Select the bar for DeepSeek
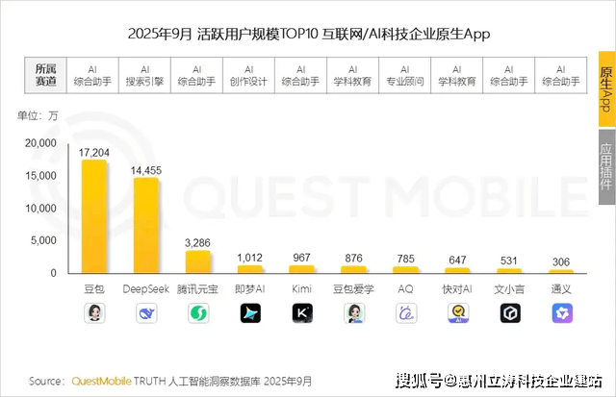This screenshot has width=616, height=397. [145, 226]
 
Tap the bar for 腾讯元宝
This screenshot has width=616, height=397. [197, 261]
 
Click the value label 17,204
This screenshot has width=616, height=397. [93, 152]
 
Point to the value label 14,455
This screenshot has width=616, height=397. [145, 170]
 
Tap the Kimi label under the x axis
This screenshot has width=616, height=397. [301, 288]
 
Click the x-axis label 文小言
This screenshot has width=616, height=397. [509, 288]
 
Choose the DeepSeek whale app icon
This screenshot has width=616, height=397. [145, 312]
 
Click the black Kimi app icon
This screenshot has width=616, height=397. [301, 312]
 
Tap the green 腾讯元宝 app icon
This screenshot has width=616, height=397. [197, 312]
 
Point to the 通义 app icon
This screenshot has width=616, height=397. [561, 312]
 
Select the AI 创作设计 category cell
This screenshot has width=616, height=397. [248, 76]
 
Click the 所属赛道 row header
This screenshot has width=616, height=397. [45, 76]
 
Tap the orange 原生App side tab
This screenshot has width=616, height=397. [606, 92]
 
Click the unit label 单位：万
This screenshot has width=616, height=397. [38, 116]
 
